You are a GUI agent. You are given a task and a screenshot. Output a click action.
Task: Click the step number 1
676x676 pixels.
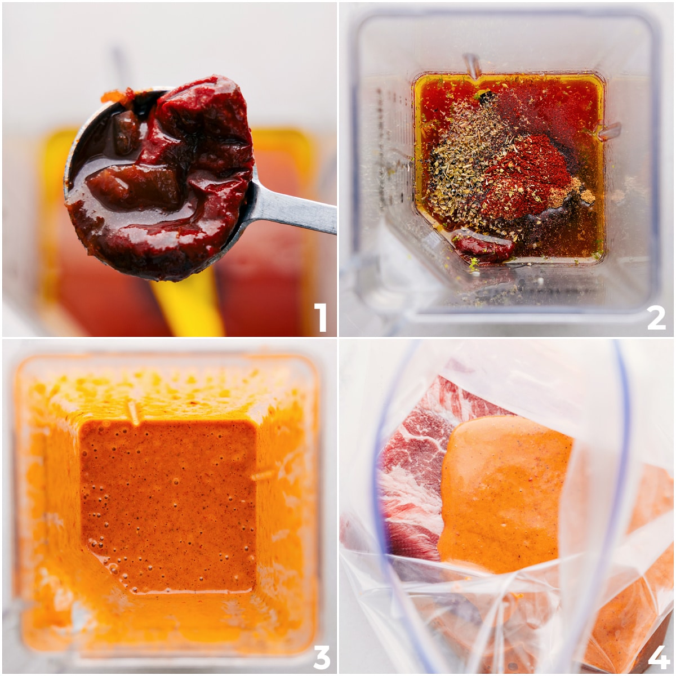click(x=320, y=317)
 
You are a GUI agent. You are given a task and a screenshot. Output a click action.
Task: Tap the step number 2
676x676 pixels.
click(x=656, y=317)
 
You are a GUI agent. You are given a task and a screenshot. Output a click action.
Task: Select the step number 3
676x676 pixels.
click(x=320, y=656)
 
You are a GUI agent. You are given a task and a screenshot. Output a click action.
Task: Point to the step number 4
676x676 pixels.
click(x=658, y=656)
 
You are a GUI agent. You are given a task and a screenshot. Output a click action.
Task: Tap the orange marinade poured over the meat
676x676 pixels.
click(x=501, y=490)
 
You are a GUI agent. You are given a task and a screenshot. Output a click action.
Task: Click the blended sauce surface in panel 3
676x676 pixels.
click(x=169, y=507)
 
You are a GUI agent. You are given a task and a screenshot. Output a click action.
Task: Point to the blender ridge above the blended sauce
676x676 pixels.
click(x=134, y=412)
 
